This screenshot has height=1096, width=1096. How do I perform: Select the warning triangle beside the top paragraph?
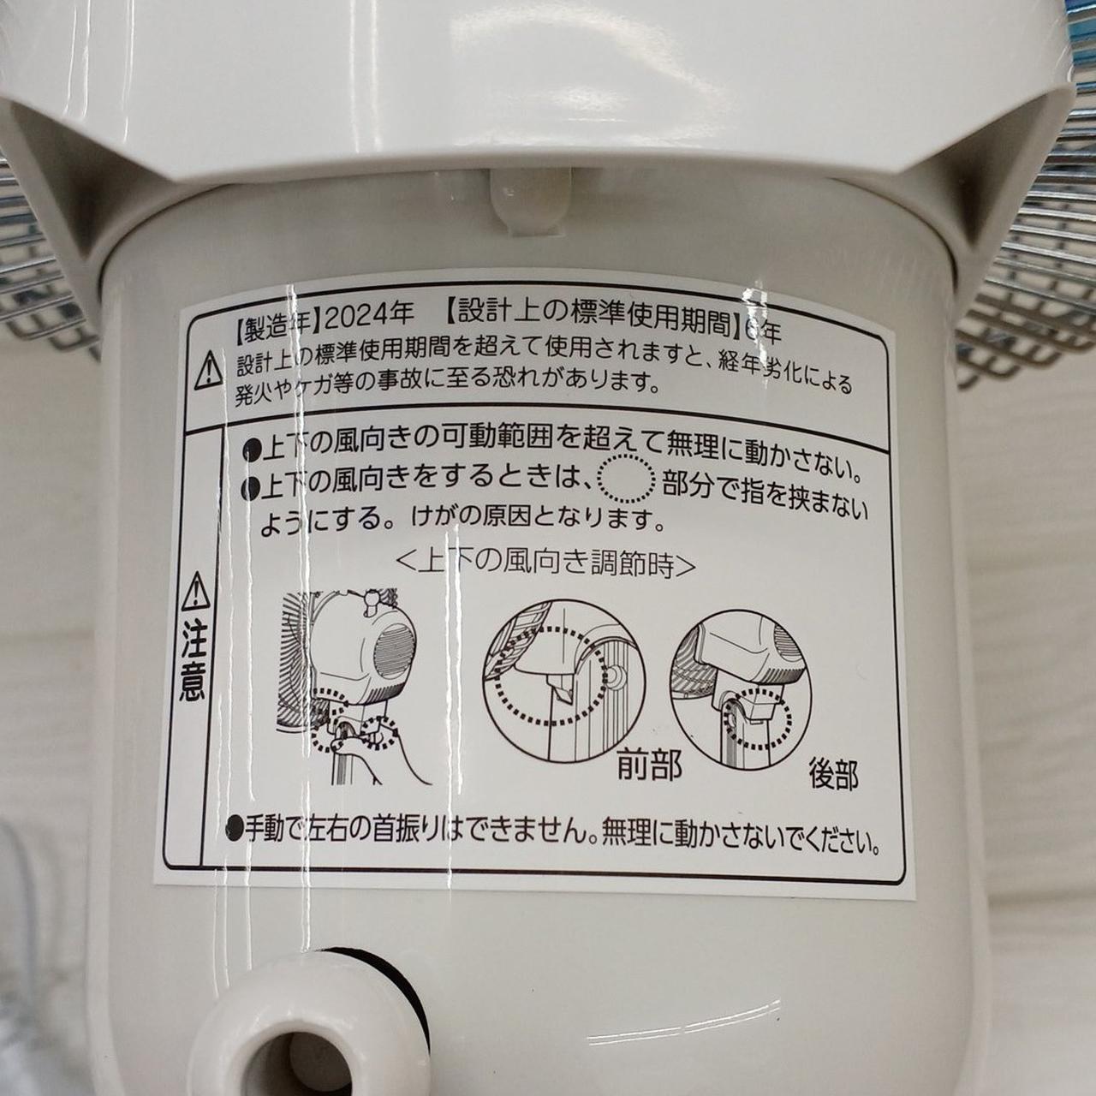[209, 370]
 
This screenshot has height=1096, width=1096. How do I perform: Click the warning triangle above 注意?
[196, 591]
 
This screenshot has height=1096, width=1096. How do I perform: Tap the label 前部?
[650, 765]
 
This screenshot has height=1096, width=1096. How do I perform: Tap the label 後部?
[834, 774]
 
